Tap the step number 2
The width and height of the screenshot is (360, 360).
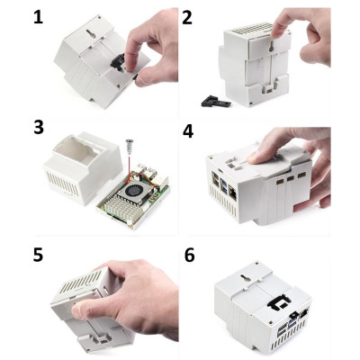187,17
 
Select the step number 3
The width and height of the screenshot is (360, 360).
39,128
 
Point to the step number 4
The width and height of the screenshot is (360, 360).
187,130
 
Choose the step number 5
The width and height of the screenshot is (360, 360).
39,254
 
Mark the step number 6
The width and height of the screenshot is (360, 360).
187,256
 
